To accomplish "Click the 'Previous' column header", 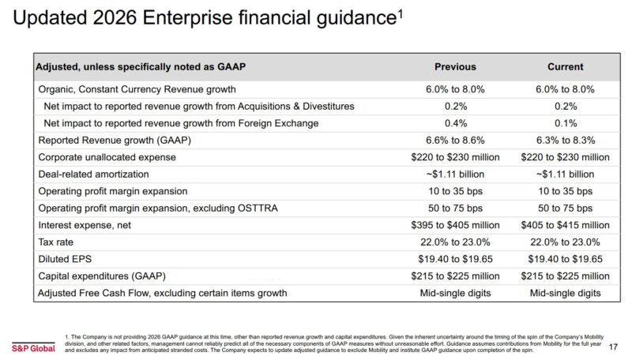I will [454, 67].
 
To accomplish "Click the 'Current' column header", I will [565, 67].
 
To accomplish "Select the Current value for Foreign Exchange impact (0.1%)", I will [565, 122].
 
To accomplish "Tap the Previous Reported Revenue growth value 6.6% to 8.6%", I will [454, 140].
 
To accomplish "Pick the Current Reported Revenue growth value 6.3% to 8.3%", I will [565, 140].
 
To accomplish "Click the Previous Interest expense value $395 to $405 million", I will [454, 225].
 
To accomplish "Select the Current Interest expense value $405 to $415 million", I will [565, 225].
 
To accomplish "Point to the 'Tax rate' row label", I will [58, 242].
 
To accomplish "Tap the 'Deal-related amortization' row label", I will [93, 174].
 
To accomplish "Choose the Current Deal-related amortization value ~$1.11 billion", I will [565, 174].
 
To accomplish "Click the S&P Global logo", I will [32, 347].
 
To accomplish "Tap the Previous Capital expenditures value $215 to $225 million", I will [454, 276].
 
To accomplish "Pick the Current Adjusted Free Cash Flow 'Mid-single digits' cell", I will [565, 294].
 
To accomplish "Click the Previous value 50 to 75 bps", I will [454, 208].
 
